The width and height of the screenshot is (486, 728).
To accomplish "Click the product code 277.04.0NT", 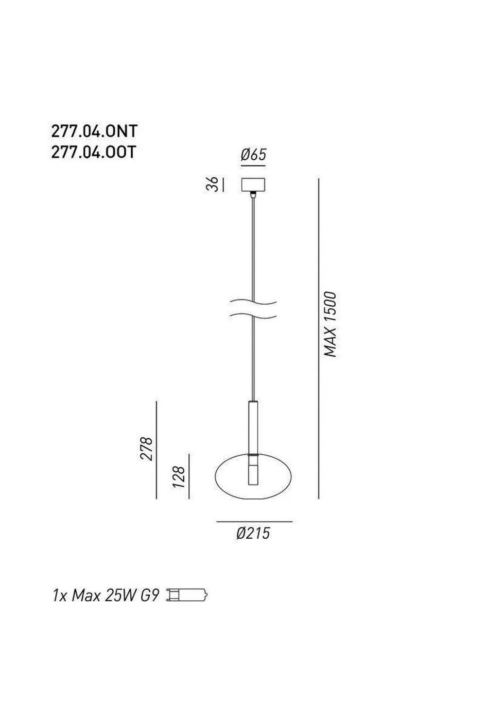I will tap(94, 131).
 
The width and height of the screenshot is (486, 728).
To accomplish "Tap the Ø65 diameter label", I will tap(253, 155).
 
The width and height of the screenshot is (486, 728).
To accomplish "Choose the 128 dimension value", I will tap(179, 477).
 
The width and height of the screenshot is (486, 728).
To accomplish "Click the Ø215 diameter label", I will tap(253, 533).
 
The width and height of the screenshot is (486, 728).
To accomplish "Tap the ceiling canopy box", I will tap(253, 185).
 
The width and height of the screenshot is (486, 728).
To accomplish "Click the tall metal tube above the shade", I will tap(253, 427).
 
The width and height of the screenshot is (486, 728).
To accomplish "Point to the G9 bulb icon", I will tap(188, 595).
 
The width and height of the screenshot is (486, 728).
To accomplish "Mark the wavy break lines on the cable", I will tap(254, 310).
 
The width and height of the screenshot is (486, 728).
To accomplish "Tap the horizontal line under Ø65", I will tap(253, 165).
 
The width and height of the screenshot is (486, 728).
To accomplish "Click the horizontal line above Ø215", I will tap(254, 522).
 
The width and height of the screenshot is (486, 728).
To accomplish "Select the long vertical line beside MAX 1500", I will tap(318, 338).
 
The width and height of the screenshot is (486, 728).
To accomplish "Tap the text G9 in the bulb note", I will tap(150, 596).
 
